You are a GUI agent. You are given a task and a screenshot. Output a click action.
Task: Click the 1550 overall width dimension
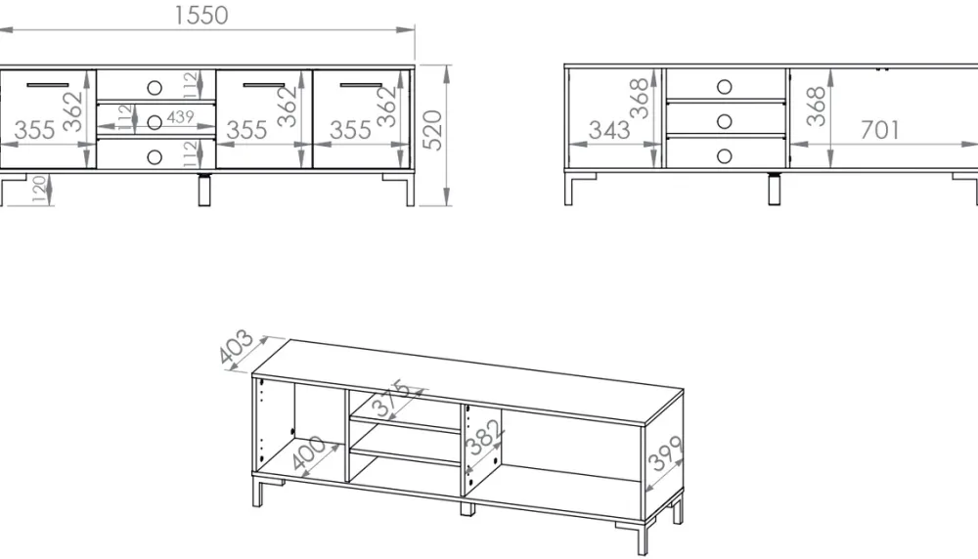coord(200,16)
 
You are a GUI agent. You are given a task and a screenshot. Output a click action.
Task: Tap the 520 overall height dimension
coord(432,130)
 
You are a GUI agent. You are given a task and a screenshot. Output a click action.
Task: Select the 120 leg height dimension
coord(39,190)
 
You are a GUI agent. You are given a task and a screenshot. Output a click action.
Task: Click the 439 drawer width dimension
coord(180,116)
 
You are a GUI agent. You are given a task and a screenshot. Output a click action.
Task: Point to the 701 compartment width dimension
coord(880,130)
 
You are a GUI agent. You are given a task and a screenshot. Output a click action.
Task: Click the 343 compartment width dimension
coord(608,130)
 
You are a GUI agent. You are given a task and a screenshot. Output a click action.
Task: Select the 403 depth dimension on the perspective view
coord(237,347)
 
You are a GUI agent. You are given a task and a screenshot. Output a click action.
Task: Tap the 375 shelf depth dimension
coord(391,398)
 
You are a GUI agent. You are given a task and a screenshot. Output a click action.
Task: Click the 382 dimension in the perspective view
coord(484,437)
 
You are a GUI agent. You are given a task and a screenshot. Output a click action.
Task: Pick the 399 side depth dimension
coord(666,453)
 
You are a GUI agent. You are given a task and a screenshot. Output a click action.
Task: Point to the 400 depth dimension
coord(308,452)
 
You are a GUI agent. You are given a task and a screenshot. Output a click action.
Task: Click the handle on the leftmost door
coord(48,84)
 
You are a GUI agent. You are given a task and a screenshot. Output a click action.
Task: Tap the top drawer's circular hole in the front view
coord(155,87)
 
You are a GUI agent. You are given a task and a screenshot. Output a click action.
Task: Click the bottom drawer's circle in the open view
coord(724,155)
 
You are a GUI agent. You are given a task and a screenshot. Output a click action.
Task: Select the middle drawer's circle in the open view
coord(724,121)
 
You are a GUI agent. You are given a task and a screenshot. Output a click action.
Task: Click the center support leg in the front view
coord(204,190)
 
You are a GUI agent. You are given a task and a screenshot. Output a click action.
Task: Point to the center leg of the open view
coord(775,189)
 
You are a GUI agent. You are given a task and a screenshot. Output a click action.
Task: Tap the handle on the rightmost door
coord(362,84)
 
